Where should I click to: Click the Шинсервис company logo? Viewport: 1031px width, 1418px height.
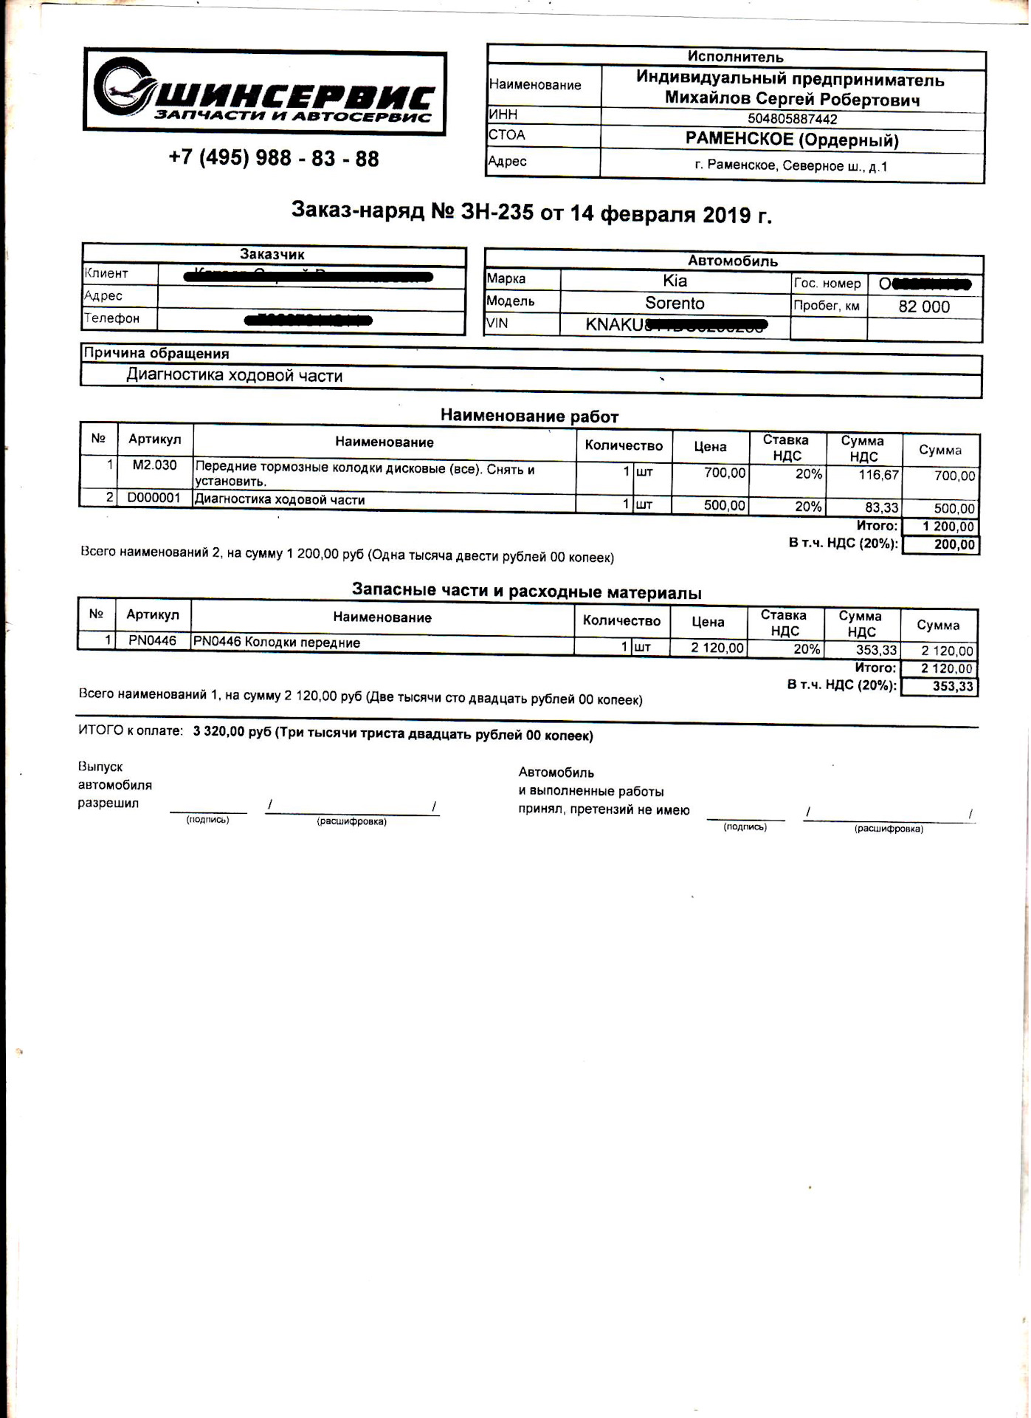point(264,93)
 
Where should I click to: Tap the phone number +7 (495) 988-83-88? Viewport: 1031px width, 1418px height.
point(274,158)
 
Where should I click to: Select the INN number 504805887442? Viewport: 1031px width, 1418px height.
point(792,118)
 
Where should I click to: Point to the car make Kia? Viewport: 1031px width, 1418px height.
point(675,281)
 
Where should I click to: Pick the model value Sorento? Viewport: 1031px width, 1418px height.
point(675,303)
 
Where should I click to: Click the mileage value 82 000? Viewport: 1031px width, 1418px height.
point(924,306)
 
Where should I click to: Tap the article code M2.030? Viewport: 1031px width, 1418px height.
point(154,465)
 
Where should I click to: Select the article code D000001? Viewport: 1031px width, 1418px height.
point(154,498)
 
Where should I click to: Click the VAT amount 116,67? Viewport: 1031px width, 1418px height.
point(878,474)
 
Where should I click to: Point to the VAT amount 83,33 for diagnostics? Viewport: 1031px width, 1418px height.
point(881,507)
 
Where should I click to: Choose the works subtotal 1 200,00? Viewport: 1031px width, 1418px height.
point(948,527)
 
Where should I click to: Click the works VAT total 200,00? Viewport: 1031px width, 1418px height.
point(954,544)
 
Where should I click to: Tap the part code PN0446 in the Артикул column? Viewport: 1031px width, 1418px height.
point(152,640)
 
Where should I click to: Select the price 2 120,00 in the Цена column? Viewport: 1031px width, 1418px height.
point(717,648)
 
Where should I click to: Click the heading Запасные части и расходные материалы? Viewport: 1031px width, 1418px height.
point(526,592)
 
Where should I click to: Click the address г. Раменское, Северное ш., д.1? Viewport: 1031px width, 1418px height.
point(791,165)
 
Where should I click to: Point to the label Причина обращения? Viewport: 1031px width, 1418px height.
point(156,353)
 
